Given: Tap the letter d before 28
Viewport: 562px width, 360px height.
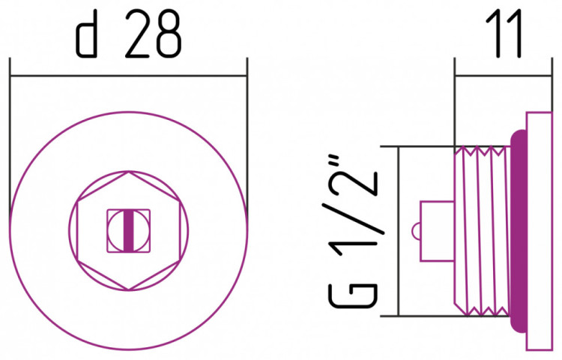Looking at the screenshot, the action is pos(86,37).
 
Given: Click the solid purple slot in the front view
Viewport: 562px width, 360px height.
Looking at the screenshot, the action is pos(129,230).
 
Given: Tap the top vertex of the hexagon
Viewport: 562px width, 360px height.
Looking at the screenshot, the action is pos(129,172).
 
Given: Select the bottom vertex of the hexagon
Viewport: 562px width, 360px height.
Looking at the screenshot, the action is pos(129,289).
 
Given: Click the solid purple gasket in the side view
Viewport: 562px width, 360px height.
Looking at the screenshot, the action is pos(519,231).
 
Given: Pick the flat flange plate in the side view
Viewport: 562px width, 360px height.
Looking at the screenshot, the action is pos(539,231).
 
